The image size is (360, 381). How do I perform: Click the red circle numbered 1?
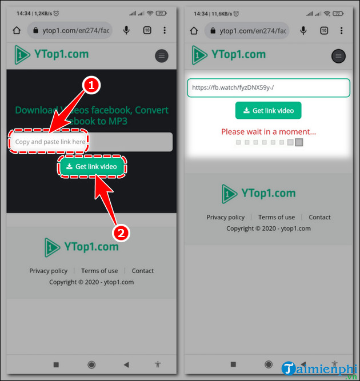tap(92, 86)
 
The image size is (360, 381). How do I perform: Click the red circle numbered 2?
tap(121, 232)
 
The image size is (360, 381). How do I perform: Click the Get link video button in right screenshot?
tap(268, 111)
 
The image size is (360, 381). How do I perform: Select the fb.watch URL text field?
tap(268, 88)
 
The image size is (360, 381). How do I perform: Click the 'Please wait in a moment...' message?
tap(269, 132)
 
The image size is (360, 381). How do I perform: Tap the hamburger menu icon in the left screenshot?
tap(162, 55)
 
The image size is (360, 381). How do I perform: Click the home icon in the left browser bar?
tap(17, 30)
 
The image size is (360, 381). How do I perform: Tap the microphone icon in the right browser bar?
tap(302, 30)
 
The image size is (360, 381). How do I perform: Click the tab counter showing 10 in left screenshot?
tap(147, 30)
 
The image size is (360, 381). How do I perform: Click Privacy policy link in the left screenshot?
tap(49, 271)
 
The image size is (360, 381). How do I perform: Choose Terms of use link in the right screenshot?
tap(277, 217)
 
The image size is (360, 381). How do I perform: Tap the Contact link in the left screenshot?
tap(143, 271)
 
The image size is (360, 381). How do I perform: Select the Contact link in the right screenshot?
tap(319, 217)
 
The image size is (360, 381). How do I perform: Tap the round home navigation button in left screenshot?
tap(91, 364)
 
